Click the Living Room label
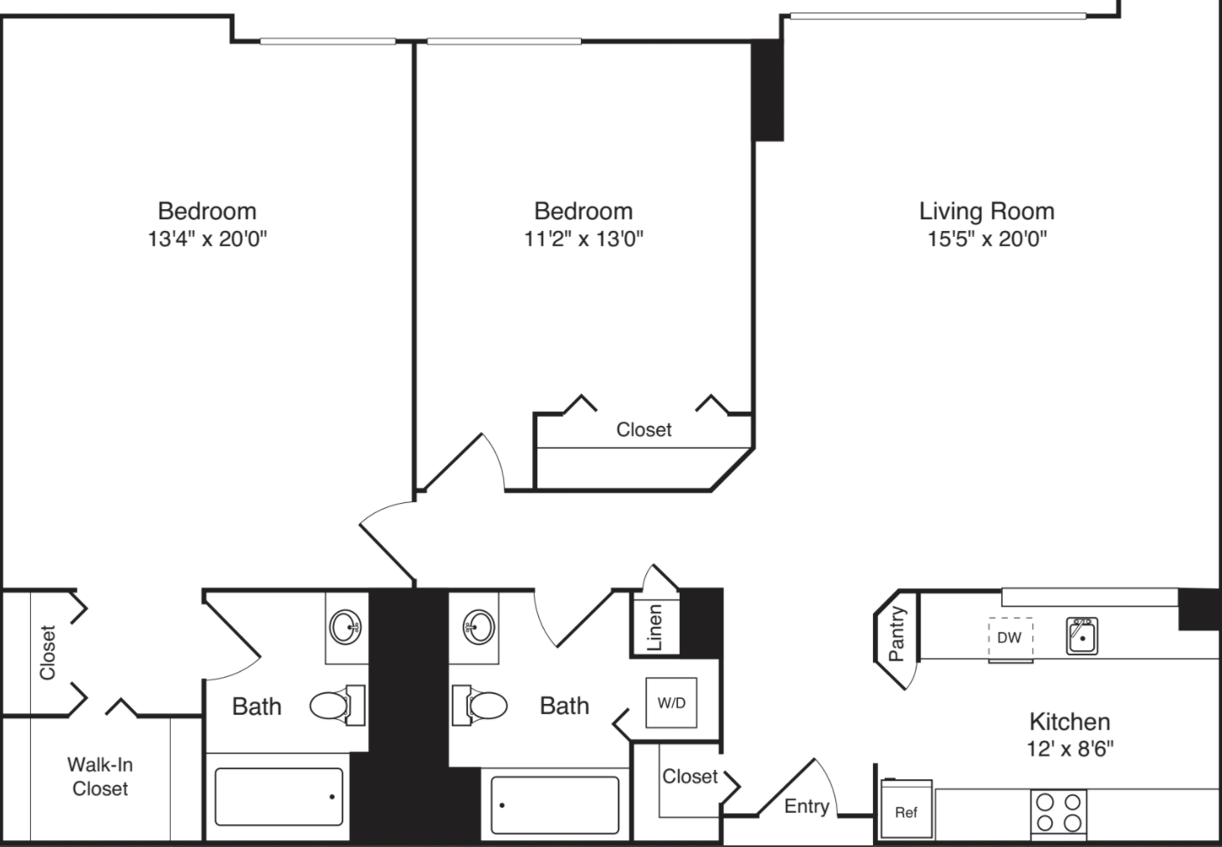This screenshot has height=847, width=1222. (x=986, y=211)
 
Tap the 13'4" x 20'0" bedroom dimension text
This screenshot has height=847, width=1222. (x=207, y=239)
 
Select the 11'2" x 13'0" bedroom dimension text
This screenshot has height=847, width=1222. (x=583, y=239)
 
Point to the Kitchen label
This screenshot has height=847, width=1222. (x=1069, y=721)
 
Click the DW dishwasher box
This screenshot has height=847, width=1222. (x=1009, y=638)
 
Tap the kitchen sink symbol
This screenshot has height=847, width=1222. (x=1081, y=636)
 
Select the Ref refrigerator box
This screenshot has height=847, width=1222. (x=906, y=810)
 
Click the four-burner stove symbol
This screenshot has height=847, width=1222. (x=1058, y=812)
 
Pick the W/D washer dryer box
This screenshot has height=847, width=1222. (x=671, y=703)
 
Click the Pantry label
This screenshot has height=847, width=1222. (x=896, y=634)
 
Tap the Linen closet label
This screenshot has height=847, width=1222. (x=655, y=627)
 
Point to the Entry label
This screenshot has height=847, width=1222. (x=806, y=806)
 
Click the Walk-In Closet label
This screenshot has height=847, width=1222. (x=100, y=776)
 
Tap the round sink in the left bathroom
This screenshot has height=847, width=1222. (x=346, y=627)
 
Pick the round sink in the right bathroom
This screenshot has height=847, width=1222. (x=478, y=627)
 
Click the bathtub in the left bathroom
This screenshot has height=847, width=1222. (x=279, y=797)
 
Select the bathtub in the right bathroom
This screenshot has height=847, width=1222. (x=555, y=805)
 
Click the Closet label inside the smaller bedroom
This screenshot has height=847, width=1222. (x=644, y=429)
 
